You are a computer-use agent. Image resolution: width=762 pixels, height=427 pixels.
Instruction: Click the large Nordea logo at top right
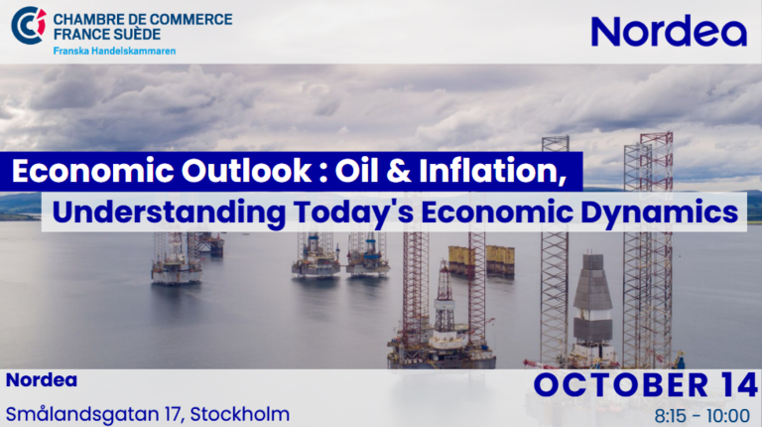coord(669,30)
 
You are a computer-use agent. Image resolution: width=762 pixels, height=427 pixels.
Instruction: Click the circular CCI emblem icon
coord(29,25)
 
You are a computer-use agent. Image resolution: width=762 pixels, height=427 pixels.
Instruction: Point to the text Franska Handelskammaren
coord(114,51)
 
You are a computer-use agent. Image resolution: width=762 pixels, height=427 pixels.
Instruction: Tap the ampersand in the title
coord(400,171)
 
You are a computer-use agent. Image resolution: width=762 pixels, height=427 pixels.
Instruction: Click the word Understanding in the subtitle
coord(169,213)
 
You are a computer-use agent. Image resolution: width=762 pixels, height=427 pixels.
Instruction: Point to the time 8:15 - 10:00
coord(701,416)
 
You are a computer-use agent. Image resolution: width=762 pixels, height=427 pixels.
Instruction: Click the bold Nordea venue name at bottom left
coord(42,380)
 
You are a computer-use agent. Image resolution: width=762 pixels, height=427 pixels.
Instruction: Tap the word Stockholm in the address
coord(239,414)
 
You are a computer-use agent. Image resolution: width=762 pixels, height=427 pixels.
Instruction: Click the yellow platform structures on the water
coord(481,261)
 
